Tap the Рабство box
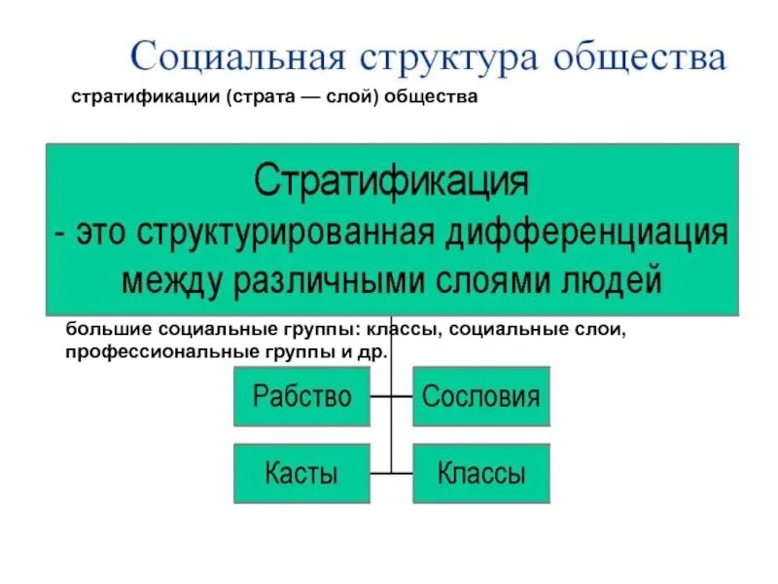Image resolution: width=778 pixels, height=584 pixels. point(301,396)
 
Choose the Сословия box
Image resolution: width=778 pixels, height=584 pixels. point(480,396)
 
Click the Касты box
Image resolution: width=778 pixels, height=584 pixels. point(301,474)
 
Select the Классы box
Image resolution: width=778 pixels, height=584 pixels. point(480,474)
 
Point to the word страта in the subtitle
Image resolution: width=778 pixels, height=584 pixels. point(265,100)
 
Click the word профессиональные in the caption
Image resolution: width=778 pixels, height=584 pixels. point(145,350)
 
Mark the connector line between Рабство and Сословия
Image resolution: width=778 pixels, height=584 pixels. point(391,397)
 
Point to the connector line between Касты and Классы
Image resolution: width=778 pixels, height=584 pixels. point(391,474)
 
